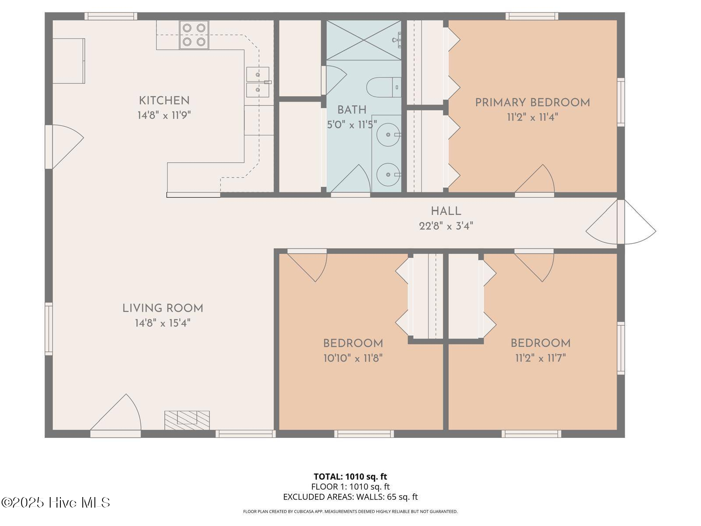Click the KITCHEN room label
[164, 101]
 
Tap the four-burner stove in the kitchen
[194, 35]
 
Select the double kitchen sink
[258, 82]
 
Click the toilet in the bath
[383, 87]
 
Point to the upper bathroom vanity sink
[388, 135]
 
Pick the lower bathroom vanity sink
[388, 175]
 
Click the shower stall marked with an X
[364, 40]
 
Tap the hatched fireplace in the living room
[187, 420]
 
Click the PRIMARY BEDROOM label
[532, 103]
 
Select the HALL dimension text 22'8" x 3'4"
[446, 226]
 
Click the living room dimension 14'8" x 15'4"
[163, 323]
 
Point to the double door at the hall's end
[620, 222]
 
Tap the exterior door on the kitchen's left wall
[64, 146]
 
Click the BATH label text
[352, 110]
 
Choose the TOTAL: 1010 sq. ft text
[350, 476]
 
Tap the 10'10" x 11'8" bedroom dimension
[353, 358]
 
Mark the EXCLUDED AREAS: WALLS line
[350, 497]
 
